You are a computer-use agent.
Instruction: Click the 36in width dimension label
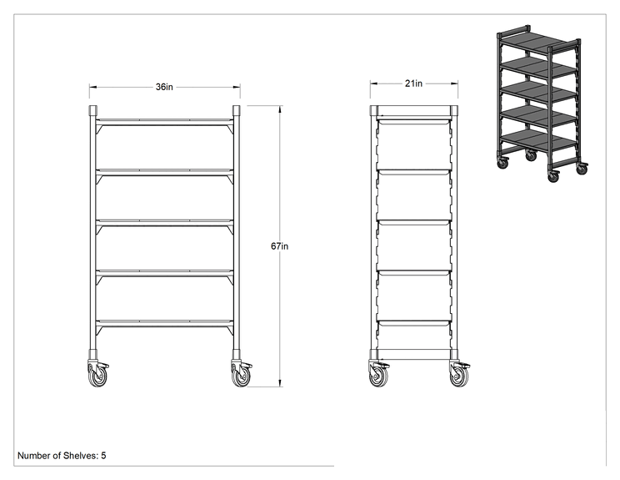164,87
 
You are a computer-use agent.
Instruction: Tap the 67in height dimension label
279,246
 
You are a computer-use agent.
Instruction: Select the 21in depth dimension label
413,83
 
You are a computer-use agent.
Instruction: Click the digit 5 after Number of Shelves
103,456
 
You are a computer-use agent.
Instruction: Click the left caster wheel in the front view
97,375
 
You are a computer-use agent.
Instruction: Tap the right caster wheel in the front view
240,375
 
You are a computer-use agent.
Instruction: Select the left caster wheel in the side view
378,375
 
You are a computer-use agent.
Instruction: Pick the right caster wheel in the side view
459,375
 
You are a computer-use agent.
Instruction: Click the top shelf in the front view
164,122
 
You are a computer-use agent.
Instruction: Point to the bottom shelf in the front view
164,323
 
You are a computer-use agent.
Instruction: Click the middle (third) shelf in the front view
164,223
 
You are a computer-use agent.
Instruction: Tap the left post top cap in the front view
93,110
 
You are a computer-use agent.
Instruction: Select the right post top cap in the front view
237,110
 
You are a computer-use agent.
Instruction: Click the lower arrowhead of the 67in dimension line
280,383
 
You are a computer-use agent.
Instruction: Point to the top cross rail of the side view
414,110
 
